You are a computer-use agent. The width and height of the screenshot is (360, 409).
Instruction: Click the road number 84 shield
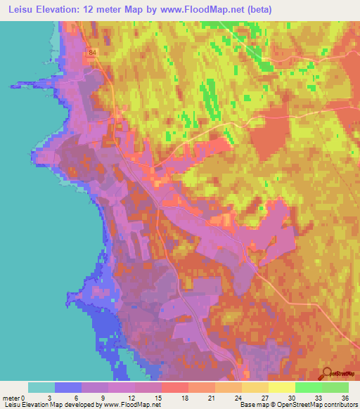tap(93, 52)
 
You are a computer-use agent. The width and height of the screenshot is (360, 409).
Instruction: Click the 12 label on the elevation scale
tap(134, 398)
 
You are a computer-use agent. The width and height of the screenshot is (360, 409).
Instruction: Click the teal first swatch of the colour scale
tap(41, 387)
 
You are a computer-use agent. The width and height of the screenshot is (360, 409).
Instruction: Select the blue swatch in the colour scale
tap(68, 387)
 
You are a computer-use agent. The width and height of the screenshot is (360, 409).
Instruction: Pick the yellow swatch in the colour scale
tap(282, 387)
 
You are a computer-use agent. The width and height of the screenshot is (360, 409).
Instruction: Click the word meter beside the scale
tap(12, 398)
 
